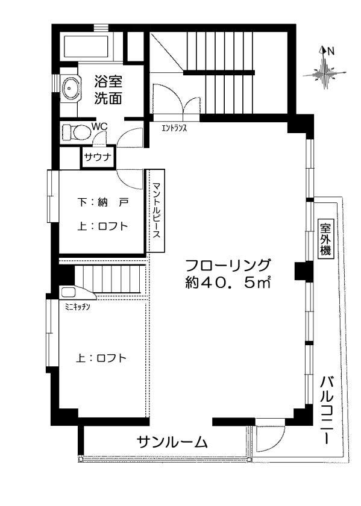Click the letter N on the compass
(x=330, y=51)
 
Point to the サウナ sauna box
(x=98, y=158)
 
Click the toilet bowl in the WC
(x=75, y=131)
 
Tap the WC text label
(x=99, y=127)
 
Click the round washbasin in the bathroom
(x=72, y=89)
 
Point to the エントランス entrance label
(x=174, y=128)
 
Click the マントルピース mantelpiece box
(x=155, y=210)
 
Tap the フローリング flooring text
(x=228, y=265)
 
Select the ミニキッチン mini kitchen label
(x=77, y=307)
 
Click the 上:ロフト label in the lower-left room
(x=101, y=358)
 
